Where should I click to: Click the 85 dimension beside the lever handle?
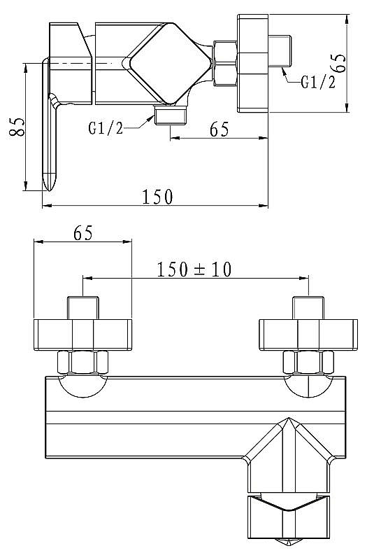(17, 127)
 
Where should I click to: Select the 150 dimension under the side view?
(157, 197)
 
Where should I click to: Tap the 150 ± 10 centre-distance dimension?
(194, 269)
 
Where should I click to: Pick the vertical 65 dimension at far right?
(340, 63)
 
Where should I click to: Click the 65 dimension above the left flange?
(82, 233)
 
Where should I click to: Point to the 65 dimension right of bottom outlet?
(219, 129)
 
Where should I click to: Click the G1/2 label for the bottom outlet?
(106, 128)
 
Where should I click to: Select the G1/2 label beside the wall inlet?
(318, 82)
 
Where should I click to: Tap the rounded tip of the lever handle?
(48, 182)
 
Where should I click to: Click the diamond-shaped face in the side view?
(169, 64)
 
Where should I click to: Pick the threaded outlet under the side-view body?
(171, 115)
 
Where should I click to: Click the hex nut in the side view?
(225, 64)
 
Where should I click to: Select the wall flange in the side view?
(253, 63)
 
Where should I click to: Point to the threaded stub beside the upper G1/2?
(280, 51)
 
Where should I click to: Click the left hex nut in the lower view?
(82, 362)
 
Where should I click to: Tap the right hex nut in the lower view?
(308, 362)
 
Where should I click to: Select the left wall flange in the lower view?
(82, 335)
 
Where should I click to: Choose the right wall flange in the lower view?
(308, 335)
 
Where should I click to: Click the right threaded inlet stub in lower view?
(308, 308)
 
